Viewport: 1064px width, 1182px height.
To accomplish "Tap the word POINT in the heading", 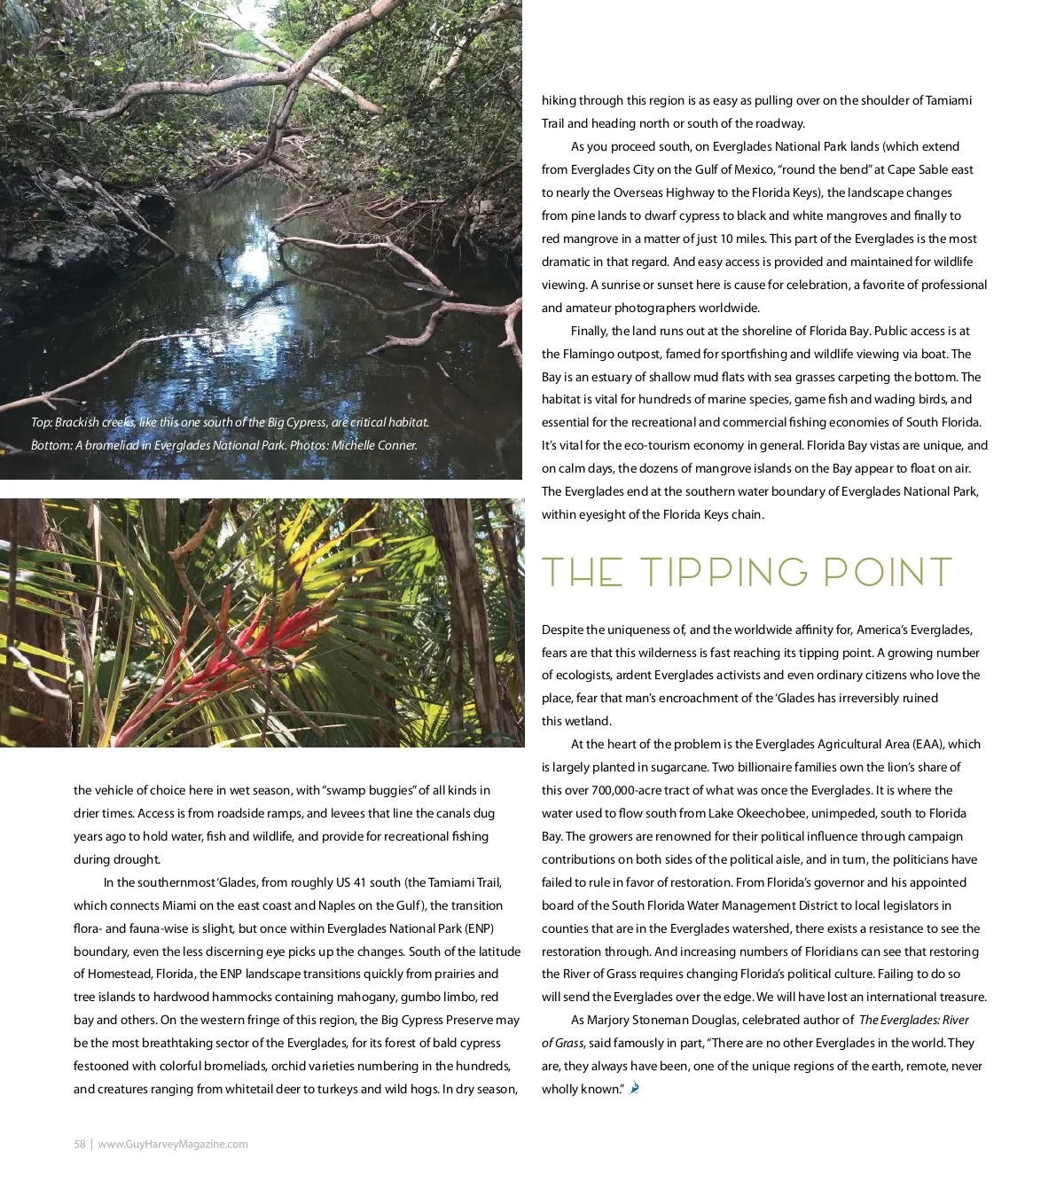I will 888,573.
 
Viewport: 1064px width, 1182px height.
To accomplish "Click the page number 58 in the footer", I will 79,1144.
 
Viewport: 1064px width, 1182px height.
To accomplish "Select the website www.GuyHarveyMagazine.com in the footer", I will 173,1144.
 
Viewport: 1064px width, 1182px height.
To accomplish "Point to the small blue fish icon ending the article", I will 634,1088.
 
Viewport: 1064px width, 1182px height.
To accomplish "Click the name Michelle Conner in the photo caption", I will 373,445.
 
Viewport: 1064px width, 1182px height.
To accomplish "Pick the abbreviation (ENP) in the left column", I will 479,928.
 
